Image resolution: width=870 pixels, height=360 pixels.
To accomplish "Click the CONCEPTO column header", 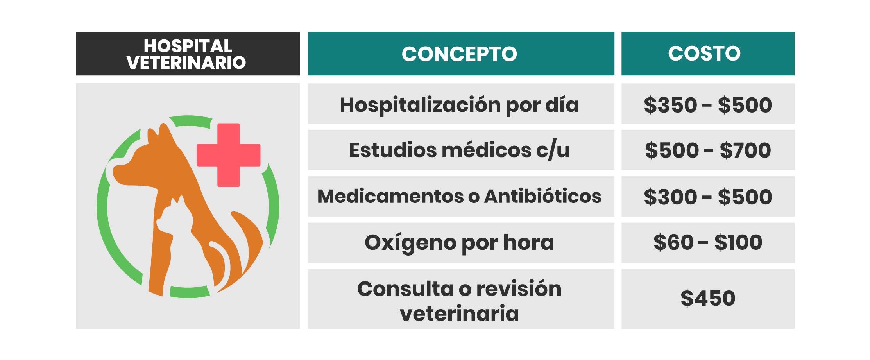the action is click(461, 54).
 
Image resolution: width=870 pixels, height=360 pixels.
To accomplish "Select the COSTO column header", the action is click(708, 54).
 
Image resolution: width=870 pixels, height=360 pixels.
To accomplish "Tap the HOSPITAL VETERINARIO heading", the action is click(188, 54).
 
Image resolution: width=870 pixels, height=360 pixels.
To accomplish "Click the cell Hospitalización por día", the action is click(461, 104).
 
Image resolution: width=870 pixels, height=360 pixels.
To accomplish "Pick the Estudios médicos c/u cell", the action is click(461, 150).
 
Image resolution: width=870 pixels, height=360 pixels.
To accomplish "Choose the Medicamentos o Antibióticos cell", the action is click(461, 196).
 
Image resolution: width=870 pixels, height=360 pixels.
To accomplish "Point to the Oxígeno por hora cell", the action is click(461, 243).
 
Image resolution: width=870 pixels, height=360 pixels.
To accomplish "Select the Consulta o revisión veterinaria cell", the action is click(461, 299).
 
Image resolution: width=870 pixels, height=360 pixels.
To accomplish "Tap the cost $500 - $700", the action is click(708, 150).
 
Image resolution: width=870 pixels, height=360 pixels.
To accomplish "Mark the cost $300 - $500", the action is click(708, 196).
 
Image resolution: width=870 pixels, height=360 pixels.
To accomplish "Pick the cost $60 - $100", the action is click(708, 243).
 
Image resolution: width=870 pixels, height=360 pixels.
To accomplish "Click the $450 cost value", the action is click(708, 298).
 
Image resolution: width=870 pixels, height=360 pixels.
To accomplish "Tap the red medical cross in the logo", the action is click(229, 155).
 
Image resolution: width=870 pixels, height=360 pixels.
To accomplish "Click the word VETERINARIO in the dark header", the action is click(186, 63).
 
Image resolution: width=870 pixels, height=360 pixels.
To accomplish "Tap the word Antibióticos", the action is click(543, 196).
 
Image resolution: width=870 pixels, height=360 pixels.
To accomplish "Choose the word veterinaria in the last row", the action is click(460, 313).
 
